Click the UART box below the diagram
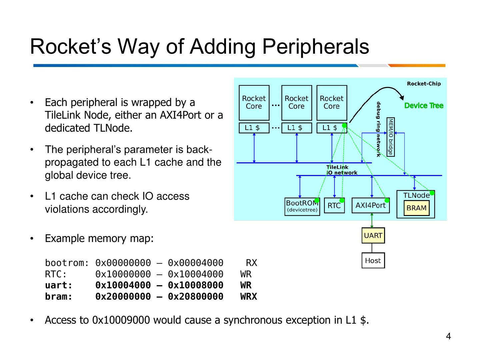tap(373, 235)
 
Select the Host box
tap(373, 261)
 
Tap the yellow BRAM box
tap(416, 208)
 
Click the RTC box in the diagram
tap(334, 206)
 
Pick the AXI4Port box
tap(370, 205)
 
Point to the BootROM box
tap(302, 206)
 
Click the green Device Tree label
tap(424, 106)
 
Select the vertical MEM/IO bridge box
tap(390, 136)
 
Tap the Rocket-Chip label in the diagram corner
tap(424, 84)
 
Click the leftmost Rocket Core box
tap(254, 103)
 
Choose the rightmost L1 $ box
tap(331, 128)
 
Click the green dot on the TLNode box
tap(432, 193)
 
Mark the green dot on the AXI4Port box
tap(387, 200)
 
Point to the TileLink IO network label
tap(341, 170)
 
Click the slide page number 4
tap(448, 336)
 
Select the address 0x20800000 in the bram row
tap(195, 296)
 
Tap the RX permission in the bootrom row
tap(251, 263)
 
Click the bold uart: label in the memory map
tap(59, 285)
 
